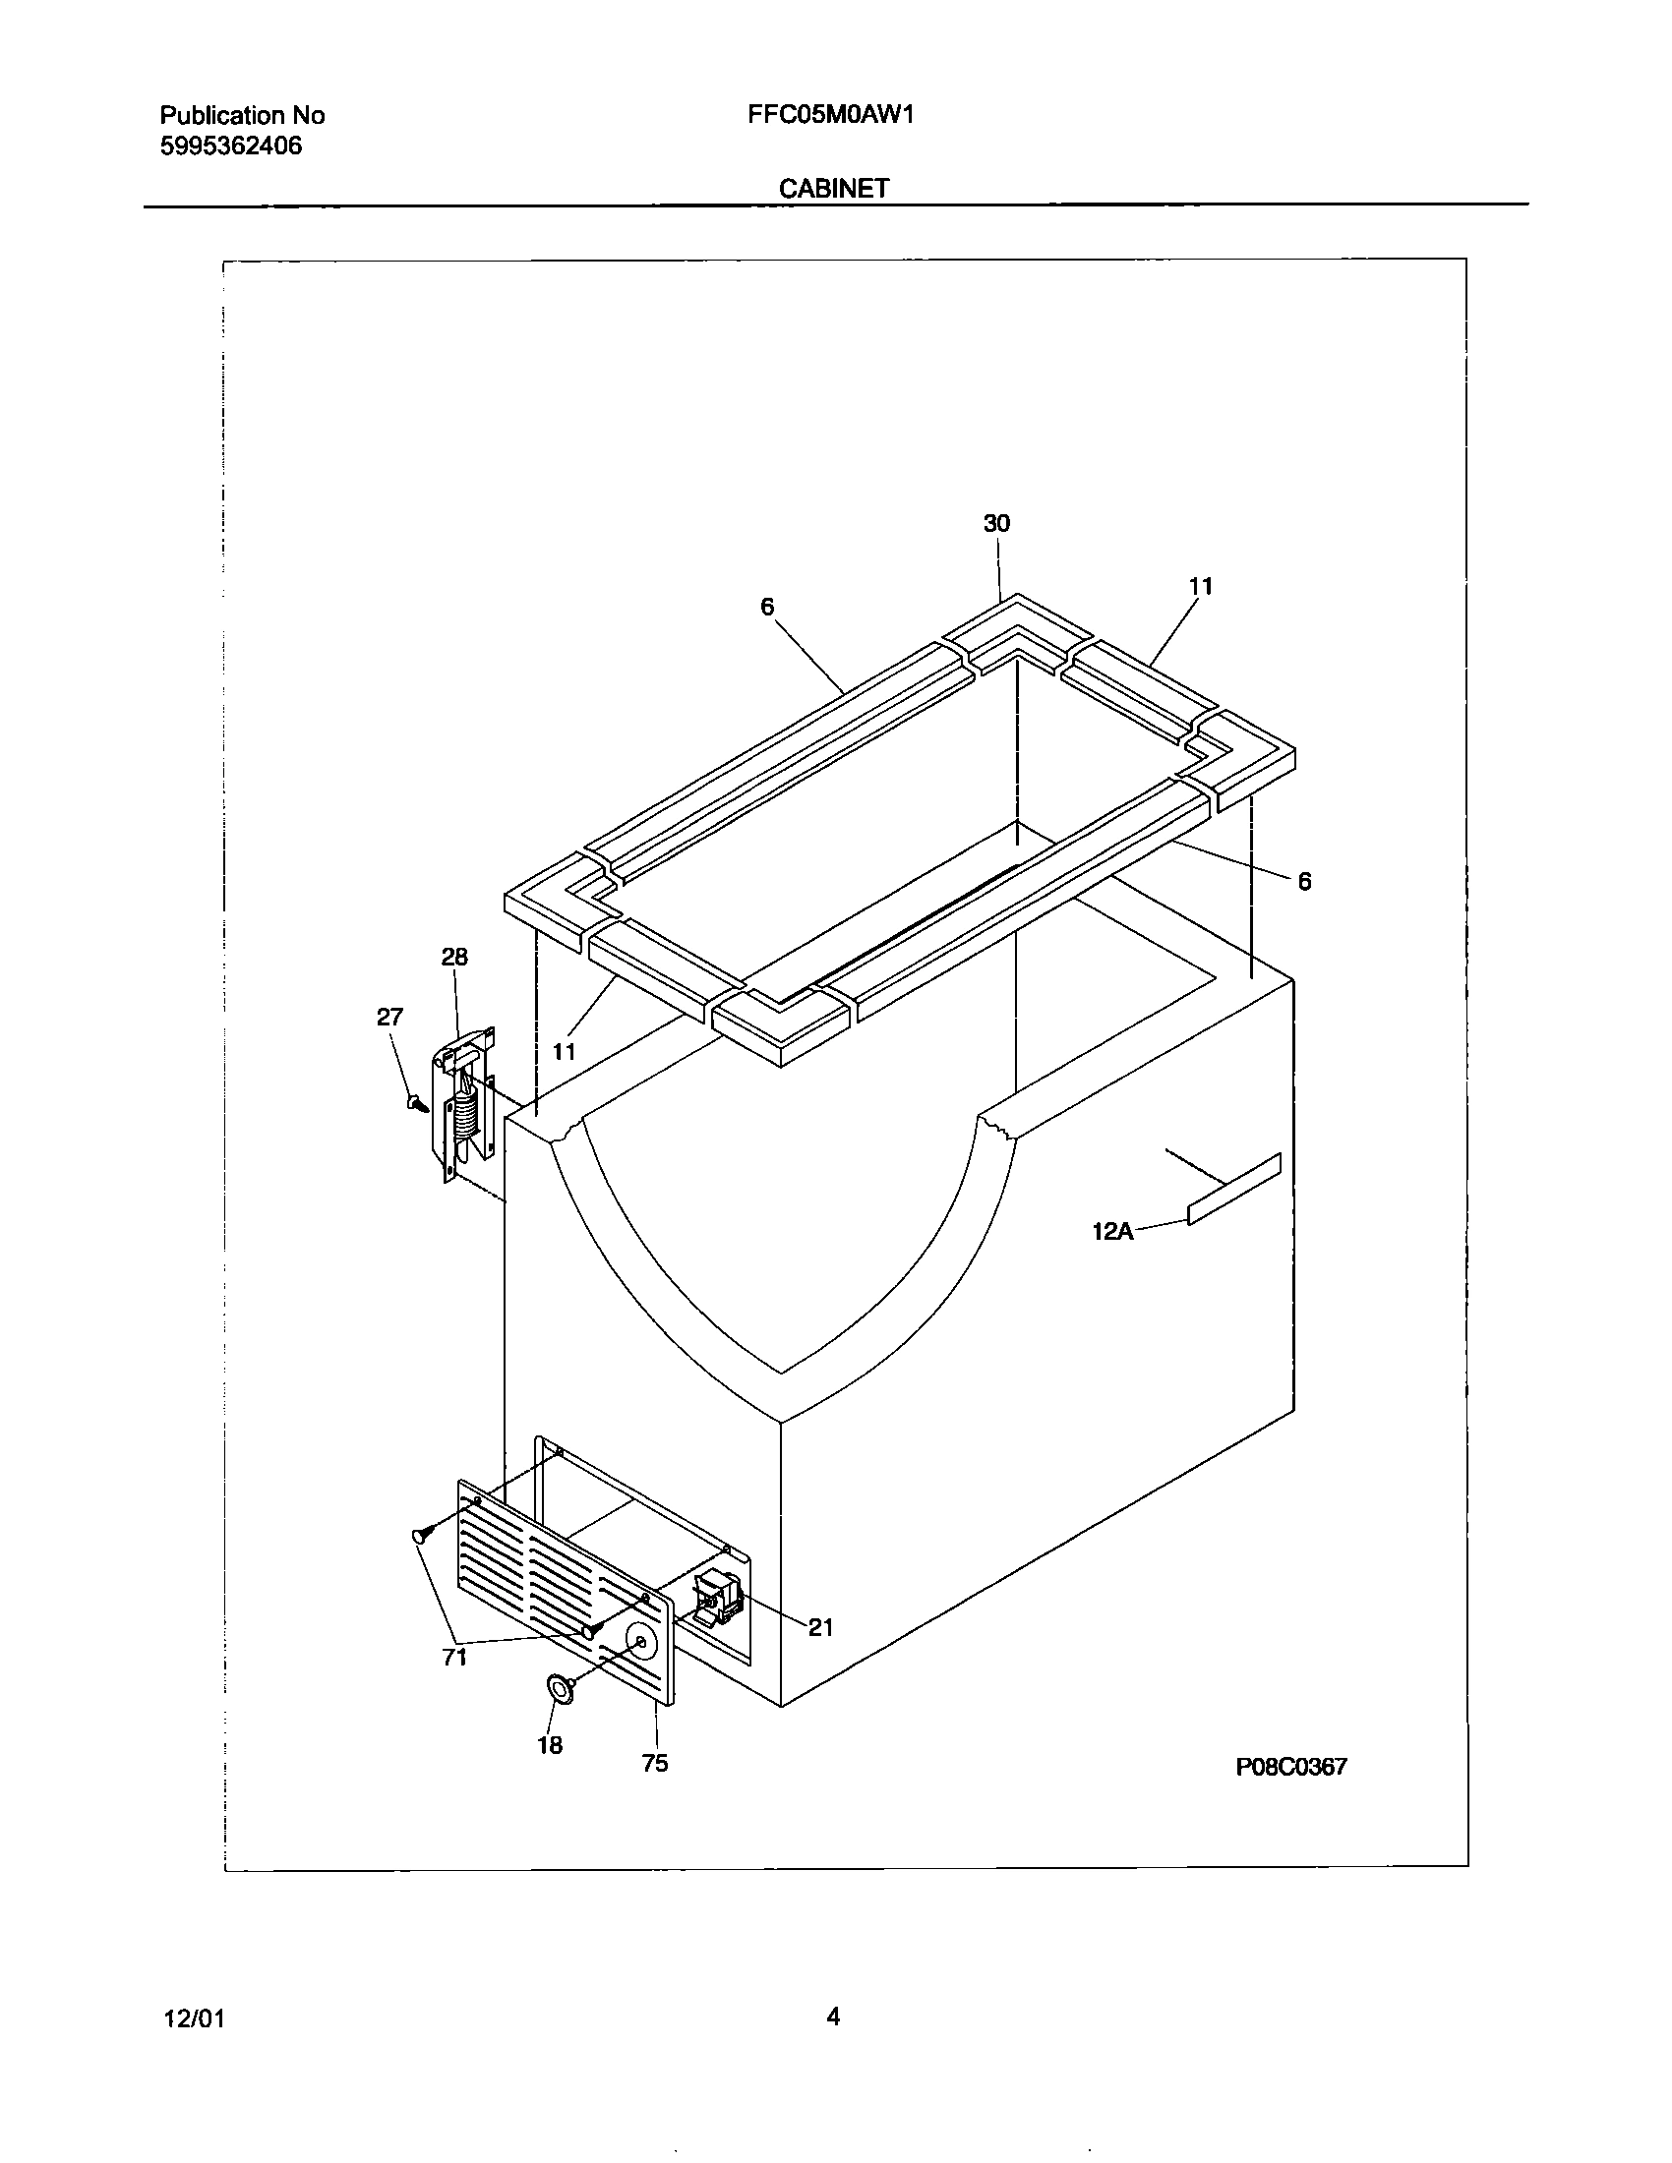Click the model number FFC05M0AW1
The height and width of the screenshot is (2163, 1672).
point(830,115)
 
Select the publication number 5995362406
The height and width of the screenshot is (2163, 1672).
point(231,147)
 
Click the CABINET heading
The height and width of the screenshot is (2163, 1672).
point(833,188)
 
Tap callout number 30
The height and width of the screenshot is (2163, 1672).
point(996,524)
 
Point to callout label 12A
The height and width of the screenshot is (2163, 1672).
point(1112,1232)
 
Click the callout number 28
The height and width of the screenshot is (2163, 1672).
point(454,957)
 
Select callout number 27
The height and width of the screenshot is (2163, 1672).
point(390,1018)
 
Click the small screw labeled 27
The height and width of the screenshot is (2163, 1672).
point(416,1101)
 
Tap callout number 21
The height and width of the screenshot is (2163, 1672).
point(820,1627)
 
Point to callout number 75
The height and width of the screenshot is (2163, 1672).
point(655,1763)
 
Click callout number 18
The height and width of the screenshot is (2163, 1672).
point(550,1745)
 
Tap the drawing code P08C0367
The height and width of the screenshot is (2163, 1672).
point(1290,1766)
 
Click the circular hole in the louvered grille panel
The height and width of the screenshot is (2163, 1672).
point(642,1644)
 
